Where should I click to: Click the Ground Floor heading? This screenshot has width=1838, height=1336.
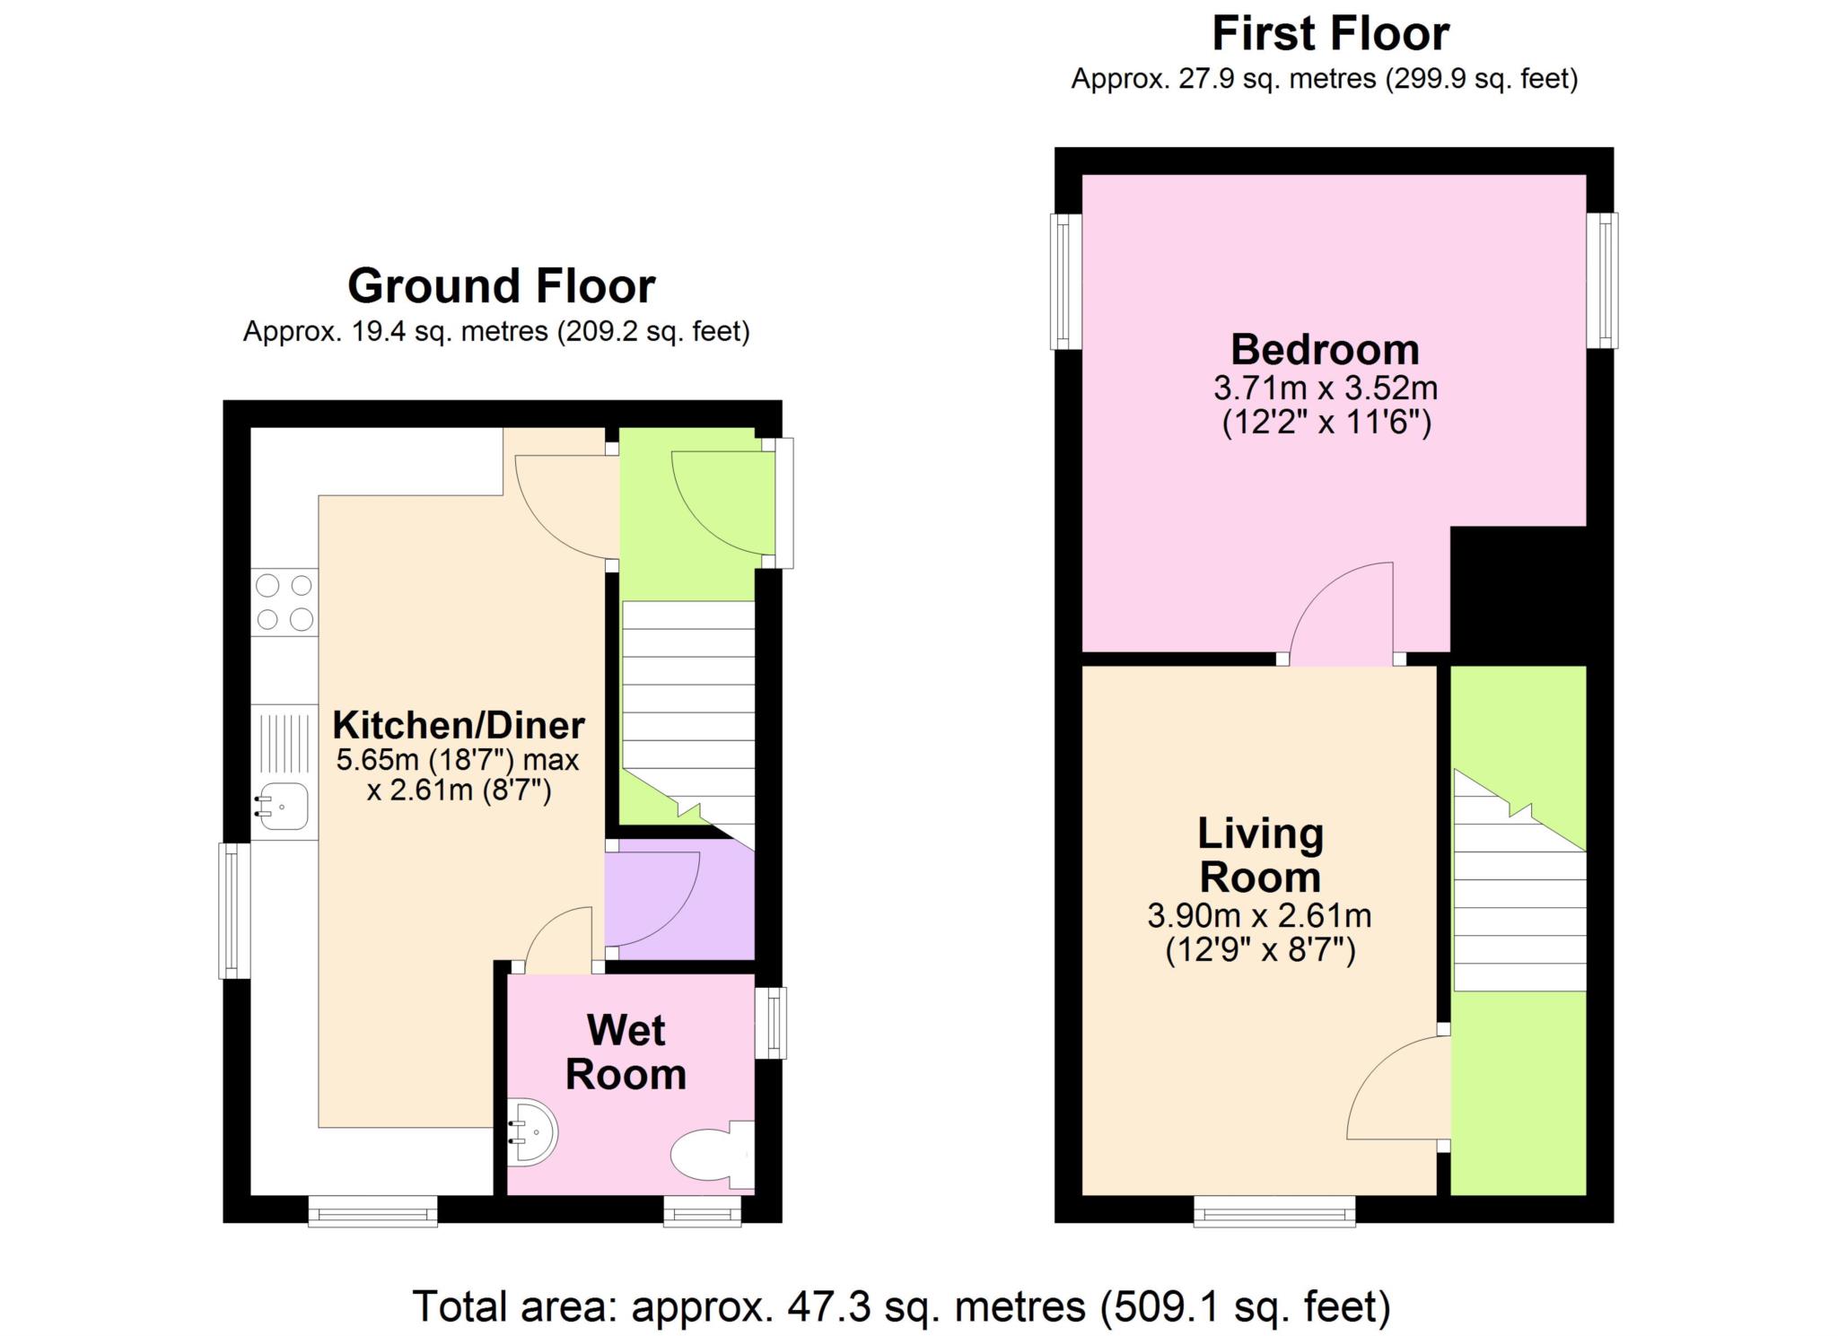[501, 286]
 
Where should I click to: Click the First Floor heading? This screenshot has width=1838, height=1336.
[1330, 34]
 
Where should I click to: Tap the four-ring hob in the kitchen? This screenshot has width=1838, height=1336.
[284, 602]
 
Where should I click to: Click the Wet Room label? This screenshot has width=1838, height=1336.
[626, 1052]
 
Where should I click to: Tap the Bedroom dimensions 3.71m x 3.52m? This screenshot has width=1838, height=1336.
[1326, 389]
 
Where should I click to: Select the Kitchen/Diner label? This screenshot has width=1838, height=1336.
[459, 724]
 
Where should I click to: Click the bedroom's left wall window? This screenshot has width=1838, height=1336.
[1066, 281]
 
